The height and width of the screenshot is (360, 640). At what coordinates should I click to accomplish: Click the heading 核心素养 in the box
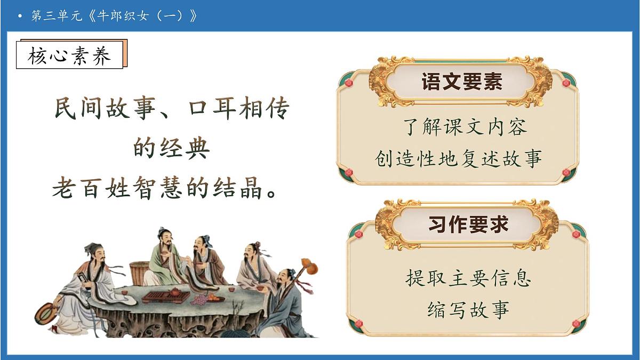point(70,55)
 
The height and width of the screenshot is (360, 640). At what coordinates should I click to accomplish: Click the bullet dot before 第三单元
point(20,16)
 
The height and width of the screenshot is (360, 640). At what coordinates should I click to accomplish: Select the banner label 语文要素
point(462,82)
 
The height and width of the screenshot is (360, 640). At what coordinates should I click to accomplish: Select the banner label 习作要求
point(468,224)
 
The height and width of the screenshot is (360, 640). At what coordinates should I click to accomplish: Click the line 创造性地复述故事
point(458,158)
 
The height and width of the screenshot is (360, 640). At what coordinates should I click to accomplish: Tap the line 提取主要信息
point(468,278)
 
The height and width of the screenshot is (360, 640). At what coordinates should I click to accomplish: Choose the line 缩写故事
point(468,309)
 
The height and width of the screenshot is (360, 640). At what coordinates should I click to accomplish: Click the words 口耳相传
point(239,110)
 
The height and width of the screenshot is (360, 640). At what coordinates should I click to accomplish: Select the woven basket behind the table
point(140,273)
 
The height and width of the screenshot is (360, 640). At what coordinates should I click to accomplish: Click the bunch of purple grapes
point(200,300)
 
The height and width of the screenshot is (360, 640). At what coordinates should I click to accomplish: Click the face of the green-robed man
point(165,237)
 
